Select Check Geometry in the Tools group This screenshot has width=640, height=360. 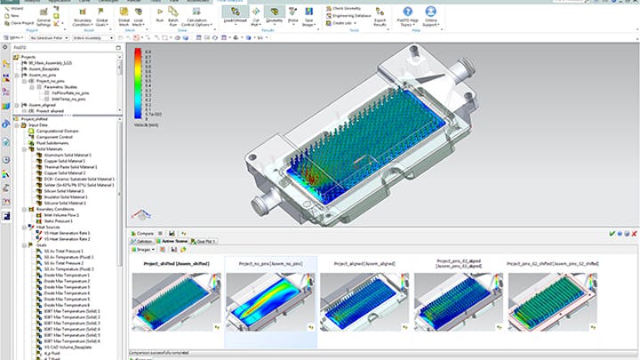click(348, 7)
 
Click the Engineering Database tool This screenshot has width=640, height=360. click(356, 15)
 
